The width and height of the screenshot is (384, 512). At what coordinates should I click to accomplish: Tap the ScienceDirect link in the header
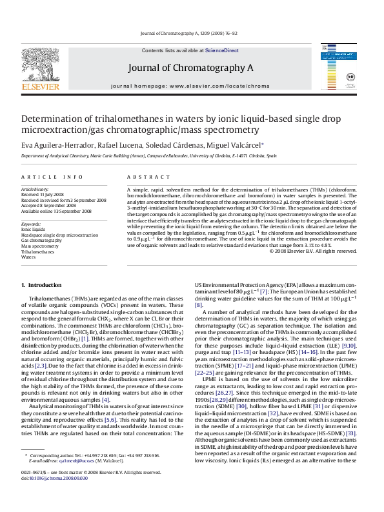point(221,50)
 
